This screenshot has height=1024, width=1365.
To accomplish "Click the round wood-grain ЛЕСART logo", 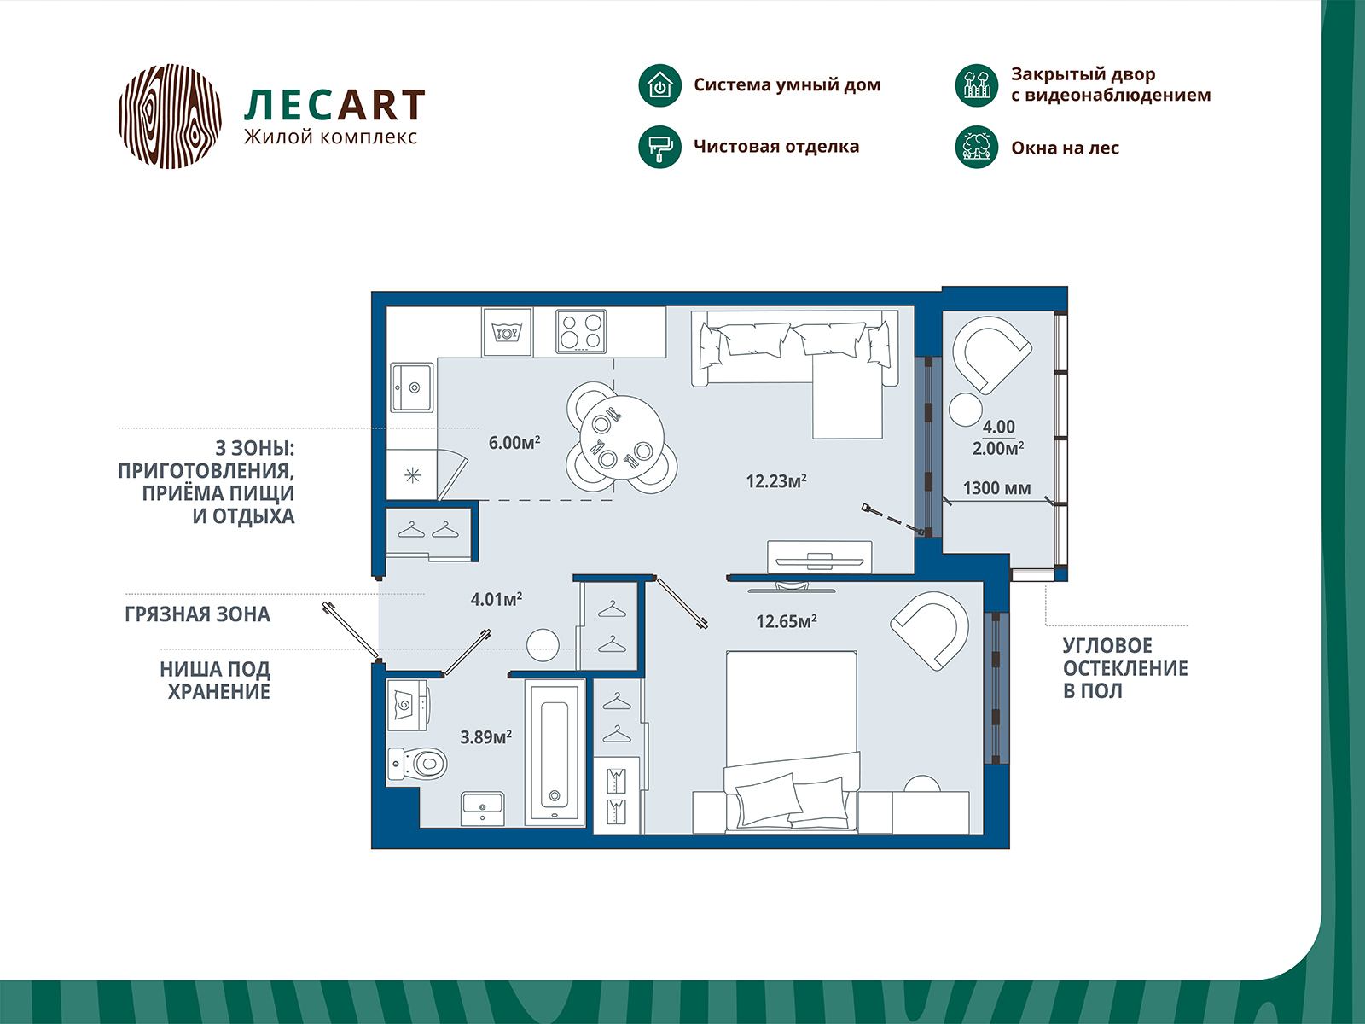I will [170, 116].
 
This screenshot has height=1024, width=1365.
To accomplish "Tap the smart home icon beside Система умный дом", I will [659, 85].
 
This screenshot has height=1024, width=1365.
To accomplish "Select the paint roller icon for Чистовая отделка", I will [659, 147].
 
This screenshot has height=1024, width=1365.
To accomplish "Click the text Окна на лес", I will [1065, 148].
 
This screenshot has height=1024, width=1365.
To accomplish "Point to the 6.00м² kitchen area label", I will [514, 443].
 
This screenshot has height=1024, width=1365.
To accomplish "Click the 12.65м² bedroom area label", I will [786, 621].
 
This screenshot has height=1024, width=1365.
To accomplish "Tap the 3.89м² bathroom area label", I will [485, 736].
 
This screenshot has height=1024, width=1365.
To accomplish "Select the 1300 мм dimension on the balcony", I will [996, 488].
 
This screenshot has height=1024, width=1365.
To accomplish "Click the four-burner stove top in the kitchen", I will [581, 331].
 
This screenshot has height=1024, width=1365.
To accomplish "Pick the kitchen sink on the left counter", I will [412, 387].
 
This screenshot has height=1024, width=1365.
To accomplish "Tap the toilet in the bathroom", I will [418, 763].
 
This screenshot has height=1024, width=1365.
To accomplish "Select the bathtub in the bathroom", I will [555, 752].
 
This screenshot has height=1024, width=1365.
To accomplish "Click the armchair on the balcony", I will [990, 352].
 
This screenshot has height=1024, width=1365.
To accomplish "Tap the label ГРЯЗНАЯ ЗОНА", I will [197, 614].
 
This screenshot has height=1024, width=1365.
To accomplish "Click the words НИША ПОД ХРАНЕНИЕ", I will [215, 681].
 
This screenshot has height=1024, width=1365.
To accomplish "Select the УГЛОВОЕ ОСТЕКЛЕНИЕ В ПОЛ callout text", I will [1124, 668].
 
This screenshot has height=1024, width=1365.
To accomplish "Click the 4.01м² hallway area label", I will [496, 600].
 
